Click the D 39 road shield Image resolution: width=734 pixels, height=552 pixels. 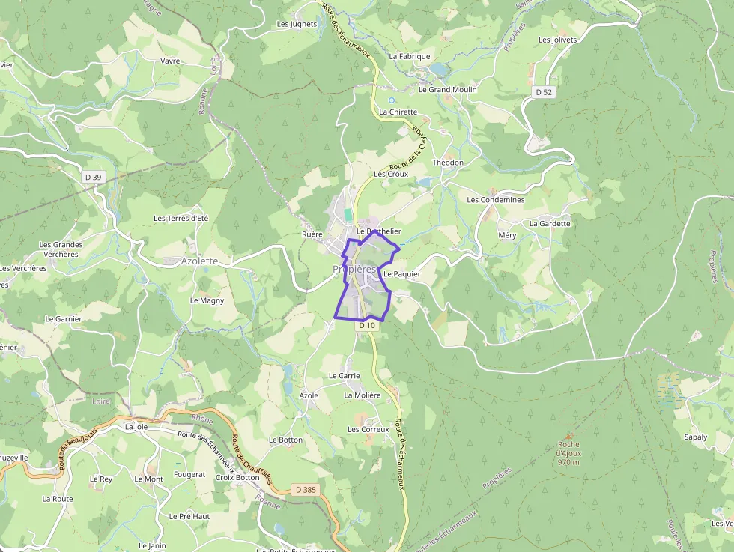tap(93, 177)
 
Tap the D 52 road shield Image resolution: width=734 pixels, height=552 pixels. tap(544, 91)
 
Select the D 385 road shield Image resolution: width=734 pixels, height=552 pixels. tap(305, 490)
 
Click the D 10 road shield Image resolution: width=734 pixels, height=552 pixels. tap(366, 325)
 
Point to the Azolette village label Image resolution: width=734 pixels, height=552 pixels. tap(200, 261)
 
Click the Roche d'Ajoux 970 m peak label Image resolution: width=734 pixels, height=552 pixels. tap(568, 453)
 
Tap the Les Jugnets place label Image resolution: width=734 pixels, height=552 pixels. tap(297, 24)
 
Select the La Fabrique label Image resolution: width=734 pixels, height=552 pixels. tap(410, 56)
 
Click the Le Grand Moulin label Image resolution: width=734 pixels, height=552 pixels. tap(447, 89)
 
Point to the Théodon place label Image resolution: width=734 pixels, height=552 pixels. tap(449, 163)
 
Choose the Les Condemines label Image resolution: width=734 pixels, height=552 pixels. tap(496, 200)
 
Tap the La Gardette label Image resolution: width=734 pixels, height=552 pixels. tap(550, 223)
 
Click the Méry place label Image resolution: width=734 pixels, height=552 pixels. tap(507, 235)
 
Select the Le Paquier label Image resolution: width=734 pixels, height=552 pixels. tap(402, 274)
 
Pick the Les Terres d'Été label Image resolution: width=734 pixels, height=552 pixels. tap(181, 218)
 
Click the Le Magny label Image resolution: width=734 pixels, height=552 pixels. tap(207, 300)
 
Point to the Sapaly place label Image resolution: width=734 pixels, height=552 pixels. tap(696, 437)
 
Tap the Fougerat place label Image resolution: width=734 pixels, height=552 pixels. tap(189, 474)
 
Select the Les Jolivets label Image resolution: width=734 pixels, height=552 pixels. tap(558, 40)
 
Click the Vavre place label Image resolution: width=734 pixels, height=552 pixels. tap(170, 61)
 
